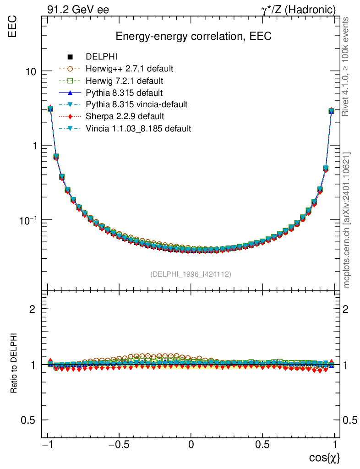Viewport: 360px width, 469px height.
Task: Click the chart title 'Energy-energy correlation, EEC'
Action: point(194,37)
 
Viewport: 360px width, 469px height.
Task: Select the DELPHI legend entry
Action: point(102,57)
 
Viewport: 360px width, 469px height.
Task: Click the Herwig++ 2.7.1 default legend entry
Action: point(129,69)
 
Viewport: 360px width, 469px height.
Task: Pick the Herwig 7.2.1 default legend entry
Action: point(125,81)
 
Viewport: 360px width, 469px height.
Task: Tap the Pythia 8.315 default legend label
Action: point(124,93)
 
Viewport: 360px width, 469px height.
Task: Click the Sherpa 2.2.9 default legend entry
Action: point(125,116)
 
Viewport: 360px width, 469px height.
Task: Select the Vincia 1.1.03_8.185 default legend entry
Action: point(138,128)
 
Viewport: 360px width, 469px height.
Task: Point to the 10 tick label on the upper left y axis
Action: point(32,72)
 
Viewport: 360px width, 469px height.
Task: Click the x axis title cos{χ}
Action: point(324,458)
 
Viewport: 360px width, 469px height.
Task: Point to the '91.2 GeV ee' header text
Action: point(78,10)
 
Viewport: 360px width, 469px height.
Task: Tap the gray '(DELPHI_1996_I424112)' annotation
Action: point(191,274)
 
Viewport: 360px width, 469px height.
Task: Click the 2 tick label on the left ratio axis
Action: point(33,309)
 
